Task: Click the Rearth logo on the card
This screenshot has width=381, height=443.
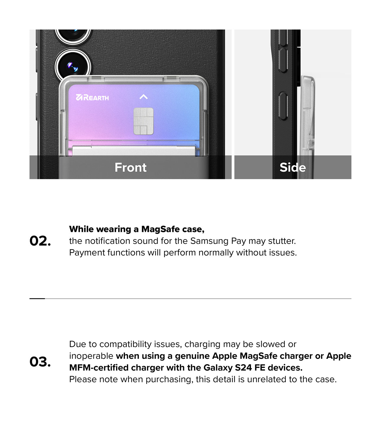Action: (92, 97)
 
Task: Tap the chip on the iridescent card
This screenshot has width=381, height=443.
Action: (143, 121)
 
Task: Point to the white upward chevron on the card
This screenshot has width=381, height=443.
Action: (143, 97)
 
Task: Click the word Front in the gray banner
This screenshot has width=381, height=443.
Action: (131, 167)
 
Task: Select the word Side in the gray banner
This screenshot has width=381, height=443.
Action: (293, 167)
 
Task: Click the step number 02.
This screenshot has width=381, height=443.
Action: (40, 241)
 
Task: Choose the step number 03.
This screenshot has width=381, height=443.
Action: (40, 362)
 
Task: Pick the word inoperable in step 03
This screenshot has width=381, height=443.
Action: (91, 356)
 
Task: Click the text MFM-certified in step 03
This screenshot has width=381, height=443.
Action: (99, 368)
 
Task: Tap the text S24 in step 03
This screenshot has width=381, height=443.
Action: (243, 368)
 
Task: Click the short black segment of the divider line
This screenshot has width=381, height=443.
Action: (37, 299)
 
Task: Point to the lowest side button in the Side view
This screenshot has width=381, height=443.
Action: (283, 106)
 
